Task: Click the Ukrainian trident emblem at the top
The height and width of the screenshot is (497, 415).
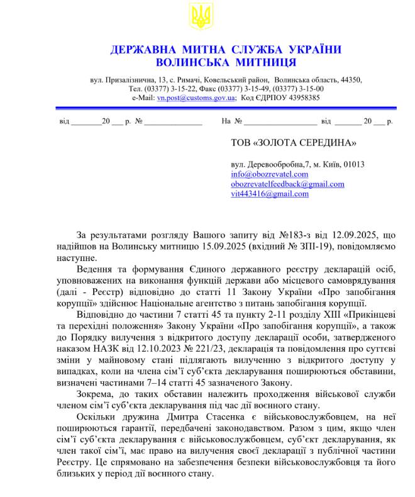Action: coord(201,16)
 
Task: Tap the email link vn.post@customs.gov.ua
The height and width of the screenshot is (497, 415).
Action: coord(196,98)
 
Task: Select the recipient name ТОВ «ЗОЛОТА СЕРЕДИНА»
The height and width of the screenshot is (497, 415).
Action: coord(294,144)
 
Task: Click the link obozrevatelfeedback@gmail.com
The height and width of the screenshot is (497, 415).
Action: coord(287,184)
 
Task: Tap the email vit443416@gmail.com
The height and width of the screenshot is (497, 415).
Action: coord(270,194)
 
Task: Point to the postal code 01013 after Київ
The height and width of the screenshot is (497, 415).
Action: coord(354,164)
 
